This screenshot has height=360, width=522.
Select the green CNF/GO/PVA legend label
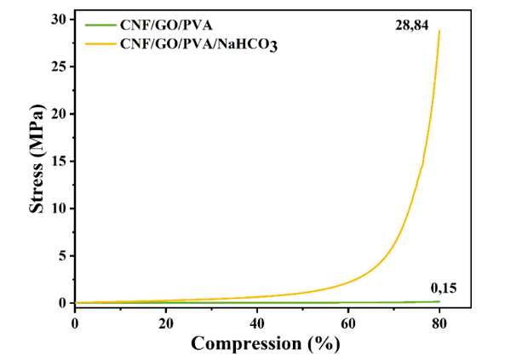pos(160,26)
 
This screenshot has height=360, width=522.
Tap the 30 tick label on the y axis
pos(60,20)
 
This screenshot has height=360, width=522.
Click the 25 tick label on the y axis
pos(60,66)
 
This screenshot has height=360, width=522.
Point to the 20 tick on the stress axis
pos(60,114)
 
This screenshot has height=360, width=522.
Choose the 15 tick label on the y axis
pos(60,161)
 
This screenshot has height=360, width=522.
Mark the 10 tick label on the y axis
pos(60,209)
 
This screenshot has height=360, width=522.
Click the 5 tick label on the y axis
pos(64,255)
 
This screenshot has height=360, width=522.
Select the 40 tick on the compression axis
pos(257,322)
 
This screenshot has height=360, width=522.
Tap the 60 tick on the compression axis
pos(348,322)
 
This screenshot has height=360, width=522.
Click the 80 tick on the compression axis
pos(439,322)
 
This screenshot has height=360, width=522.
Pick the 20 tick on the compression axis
pos(166,322)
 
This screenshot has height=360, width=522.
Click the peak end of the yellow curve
pos(439,31)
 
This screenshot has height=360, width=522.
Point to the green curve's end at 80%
pos(439,301)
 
